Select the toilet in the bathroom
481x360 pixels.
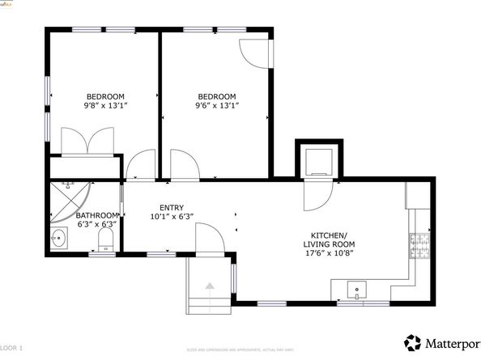104,239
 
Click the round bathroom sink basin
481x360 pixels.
58,239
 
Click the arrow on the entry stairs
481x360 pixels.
210,285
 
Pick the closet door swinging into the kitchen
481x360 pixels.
317,195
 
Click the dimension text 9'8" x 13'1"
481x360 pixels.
105,105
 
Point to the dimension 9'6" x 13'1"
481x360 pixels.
216,105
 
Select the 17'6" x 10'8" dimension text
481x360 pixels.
329,253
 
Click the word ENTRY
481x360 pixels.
171,207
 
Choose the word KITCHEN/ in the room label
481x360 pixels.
329,234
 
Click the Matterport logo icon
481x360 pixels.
413,341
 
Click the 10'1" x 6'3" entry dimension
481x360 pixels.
171,217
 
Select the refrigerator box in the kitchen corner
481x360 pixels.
418,195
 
